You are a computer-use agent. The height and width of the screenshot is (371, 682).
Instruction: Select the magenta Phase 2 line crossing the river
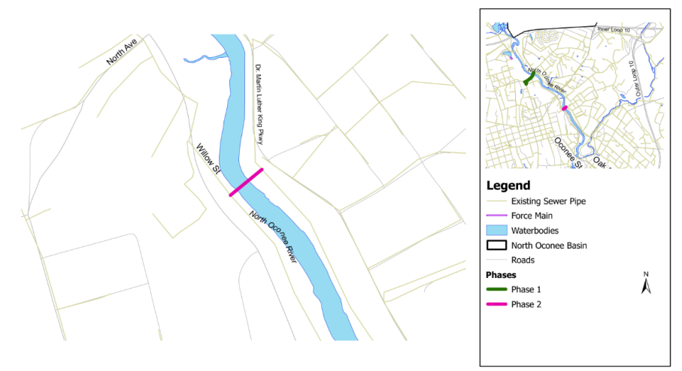[x=246, y=182]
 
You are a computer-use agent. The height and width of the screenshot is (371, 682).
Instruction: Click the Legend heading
[x=508, y=185]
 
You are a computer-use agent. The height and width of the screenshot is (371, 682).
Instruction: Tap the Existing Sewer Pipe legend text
[x=548, y=201]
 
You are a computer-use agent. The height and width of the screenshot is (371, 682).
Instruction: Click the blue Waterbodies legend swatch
[x=496, y=230]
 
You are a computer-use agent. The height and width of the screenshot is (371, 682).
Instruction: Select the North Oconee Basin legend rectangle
[x=496, y=245]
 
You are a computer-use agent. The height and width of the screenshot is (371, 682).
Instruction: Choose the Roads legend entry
[x=523, y=260]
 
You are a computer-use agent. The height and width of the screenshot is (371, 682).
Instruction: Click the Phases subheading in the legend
[x=502, y=275]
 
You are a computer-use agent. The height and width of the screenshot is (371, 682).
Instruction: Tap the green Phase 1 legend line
[x=496, y=289]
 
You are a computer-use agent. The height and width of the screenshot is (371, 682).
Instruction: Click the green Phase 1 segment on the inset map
[x=529, y=78]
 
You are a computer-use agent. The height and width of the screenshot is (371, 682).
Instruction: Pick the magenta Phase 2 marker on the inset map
[x=564, y=108]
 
